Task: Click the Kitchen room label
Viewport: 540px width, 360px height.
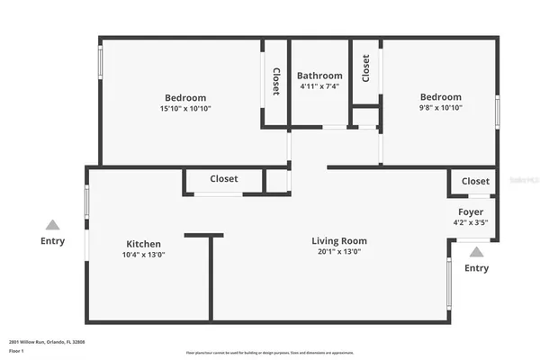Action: (x=144, y=244)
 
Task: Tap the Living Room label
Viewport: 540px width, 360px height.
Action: (x=339, y=241)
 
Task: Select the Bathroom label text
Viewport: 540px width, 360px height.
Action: (x=319, y=76)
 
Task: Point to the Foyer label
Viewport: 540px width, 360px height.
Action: (x=471, y=211)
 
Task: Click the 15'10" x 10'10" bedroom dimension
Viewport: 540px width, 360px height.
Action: (x=185, y=109)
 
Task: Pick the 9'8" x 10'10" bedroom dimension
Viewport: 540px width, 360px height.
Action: (x=441, y=108)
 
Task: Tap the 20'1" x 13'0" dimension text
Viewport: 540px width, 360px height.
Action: (x=339, y=253)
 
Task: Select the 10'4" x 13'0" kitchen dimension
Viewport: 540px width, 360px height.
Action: (x=144, y=255)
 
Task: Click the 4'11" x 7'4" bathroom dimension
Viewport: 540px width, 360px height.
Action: (x=319, y=86)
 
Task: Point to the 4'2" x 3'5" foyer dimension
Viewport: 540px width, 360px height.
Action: (x=471, y=222)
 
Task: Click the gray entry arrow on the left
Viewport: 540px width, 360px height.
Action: (x=53, y=225)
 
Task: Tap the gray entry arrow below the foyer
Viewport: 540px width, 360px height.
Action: (x=477, y=252)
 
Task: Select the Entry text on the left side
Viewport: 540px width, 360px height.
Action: (x=53, y=241)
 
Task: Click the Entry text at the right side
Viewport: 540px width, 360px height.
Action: (x=477, y=268)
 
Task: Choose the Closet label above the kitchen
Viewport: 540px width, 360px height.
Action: (x=224, y=179)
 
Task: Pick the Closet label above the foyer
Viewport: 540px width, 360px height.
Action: (x=475, y=181)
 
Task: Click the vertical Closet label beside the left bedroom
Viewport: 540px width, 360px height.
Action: (x=275, y=83)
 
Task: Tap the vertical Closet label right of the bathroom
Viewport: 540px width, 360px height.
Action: (x=365, y=68)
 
